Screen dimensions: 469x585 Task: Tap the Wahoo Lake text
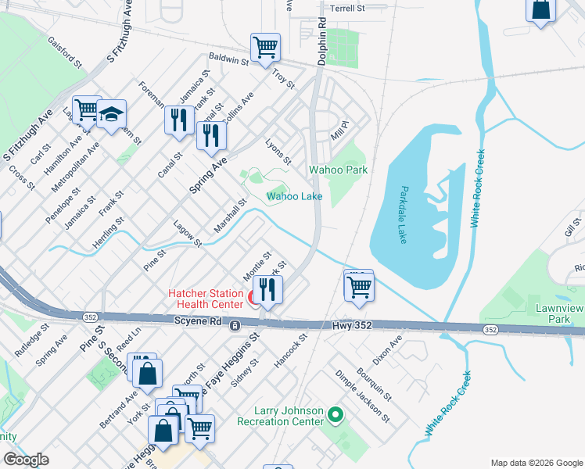[295, 197]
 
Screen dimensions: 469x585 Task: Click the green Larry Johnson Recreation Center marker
[336, 414]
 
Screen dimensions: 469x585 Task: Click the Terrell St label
[348, 9]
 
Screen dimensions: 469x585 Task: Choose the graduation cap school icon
[112, 116]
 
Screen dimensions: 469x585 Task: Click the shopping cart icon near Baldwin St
[266, 47]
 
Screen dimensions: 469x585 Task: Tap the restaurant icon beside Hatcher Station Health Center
[268, 291]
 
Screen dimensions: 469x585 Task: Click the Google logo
[26, 459]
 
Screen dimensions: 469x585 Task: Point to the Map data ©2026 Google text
[536, 463]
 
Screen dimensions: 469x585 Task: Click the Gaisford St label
[64, 51]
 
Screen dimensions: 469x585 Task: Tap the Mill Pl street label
[338, 130]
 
